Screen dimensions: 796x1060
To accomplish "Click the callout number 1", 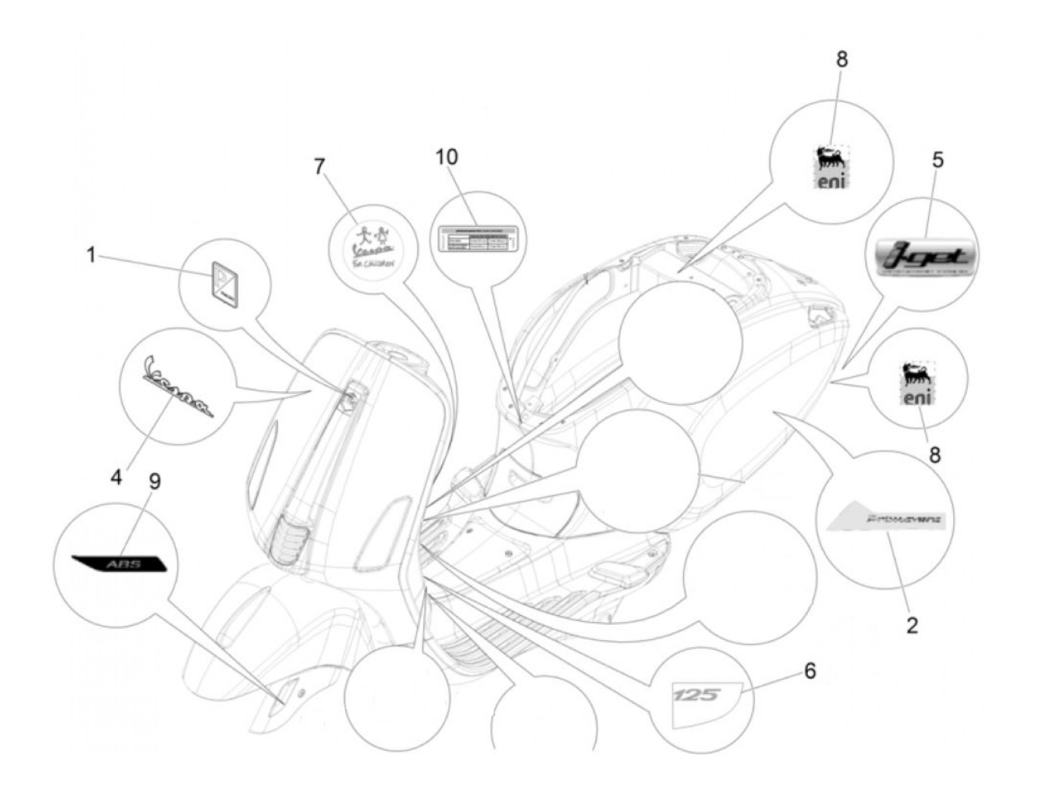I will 92,255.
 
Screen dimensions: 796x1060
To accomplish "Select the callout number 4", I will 116,477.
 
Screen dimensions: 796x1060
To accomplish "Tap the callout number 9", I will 154,482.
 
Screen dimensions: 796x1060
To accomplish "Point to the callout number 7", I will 320,166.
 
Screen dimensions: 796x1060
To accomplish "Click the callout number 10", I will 447,157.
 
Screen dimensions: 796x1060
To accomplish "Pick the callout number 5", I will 937,160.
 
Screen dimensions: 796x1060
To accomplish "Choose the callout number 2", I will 912,625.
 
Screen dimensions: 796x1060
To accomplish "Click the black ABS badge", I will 119,564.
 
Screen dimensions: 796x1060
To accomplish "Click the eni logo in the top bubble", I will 832,167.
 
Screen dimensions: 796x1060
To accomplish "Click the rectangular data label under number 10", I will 475,239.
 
